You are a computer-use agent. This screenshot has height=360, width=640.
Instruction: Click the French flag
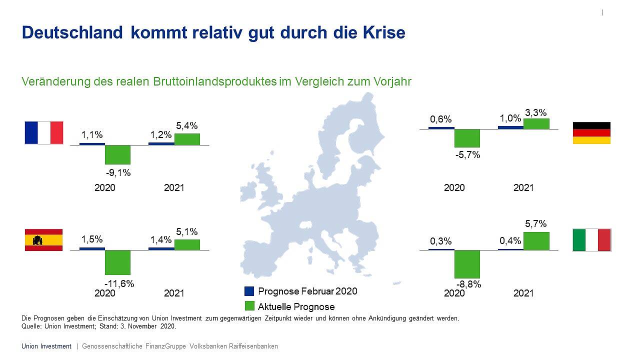44,132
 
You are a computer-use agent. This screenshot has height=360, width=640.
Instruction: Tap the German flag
591,133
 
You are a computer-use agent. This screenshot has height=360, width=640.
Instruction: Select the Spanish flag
44,240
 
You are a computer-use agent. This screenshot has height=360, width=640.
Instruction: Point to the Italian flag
591,240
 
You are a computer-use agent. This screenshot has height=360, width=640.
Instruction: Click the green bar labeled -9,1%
117,154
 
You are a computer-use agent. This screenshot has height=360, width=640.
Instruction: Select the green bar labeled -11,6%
117,262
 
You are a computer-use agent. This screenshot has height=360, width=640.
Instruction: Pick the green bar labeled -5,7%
467,138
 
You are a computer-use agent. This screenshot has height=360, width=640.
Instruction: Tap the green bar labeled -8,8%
467,264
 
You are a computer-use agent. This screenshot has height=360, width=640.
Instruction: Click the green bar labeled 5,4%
187,139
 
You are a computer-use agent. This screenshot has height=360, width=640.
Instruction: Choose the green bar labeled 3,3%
536,123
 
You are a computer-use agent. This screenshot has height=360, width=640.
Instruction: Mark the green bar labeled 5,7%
536,241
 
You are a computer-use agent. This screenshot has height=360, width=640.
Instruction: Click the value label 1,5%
91,239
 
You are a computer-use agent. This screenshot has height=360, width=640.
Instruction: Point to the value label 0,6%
441,119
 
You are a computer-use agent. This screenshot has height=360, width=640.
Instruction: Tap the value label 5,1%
187,232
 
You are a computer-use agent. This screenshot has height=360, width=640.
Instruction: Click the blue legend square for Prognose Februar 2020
249,291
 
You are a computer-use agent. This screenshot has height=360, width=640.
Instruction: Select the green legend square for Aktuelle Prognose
249,306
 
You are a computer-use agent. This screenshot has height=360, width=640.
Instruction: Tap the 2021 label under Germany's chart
523,187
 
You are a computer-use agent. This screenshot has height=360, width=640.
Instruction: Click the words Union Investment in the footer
46,346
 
